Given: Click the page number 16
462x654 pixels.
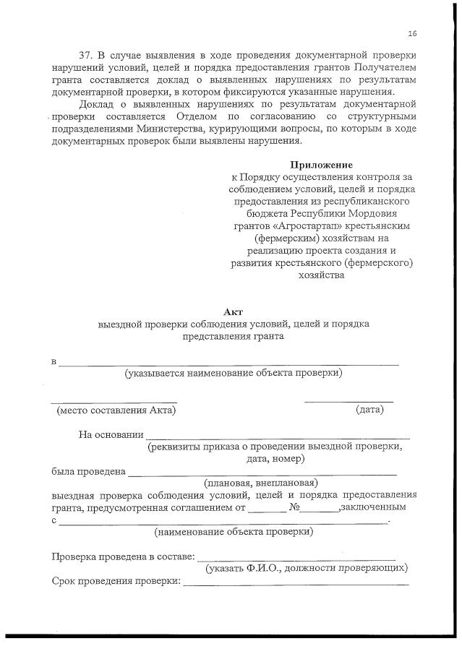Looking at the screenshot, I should (412, 33).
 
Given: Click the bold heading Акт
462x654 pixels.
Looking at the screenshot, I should (233, 311).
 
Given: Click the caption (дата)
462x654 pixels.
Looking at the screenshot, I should (369, 410).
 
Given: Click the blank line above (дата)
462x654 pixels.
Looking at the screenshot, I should (348, 400).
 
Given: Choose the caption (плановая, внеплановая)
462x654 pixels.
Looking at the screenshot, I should (261, 482).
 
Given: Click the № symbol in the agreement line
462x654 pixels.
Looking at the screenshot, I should (294, 507).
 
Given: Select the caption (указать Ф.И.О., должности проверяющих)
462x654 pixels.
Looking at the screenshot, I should (307, 568).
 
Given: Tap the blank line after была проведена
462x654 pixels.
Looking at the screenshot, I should (262, 473).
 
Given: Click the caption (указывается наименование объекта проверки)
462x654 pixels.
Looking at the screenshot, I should (233, 373).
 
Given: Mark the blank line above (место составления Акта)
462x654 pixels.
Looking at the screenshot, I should (114, 400).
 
